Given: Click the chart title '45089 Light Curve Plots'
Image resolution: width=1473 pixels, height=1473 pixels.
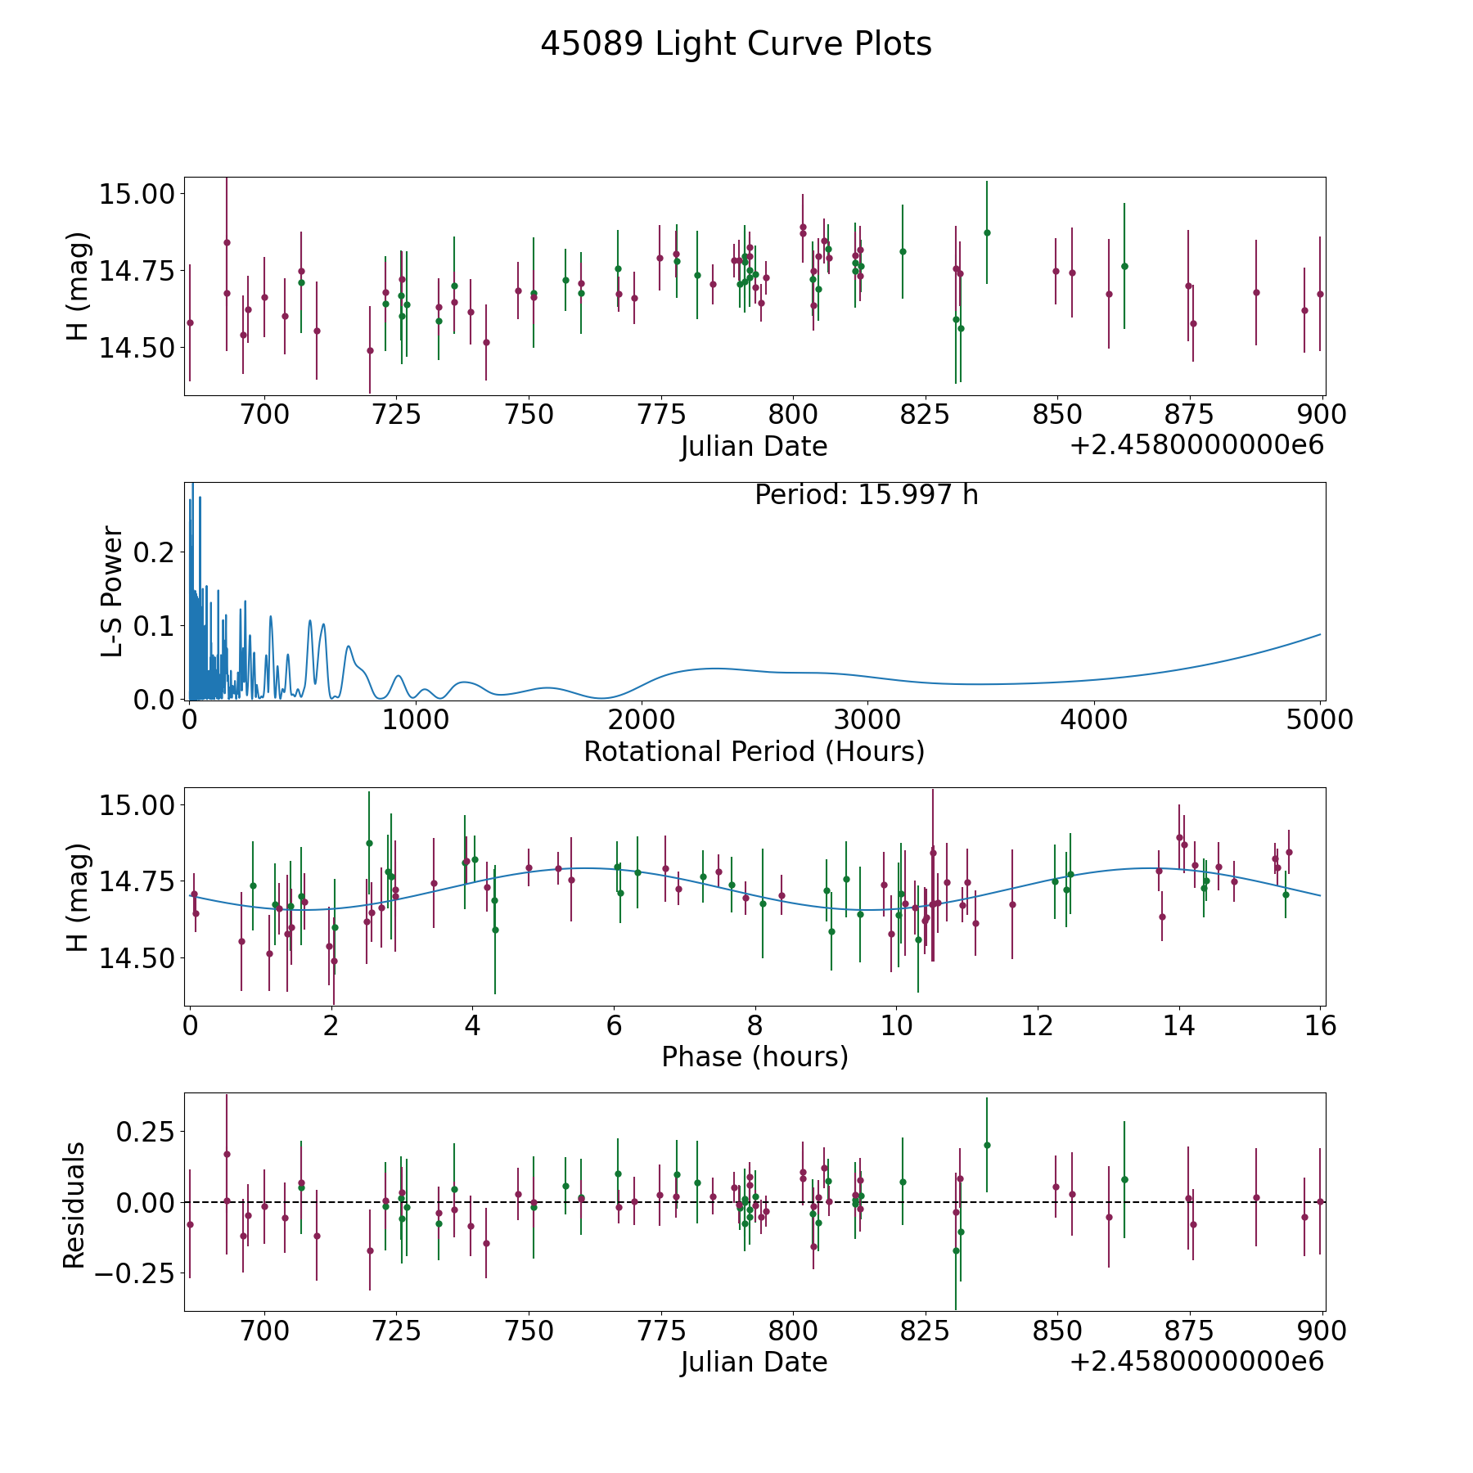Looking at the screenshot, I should (x=736, y=44).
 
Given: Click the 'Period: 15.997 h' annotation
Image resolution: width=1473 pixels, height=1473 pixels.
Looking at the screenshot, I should (x=866, y=495).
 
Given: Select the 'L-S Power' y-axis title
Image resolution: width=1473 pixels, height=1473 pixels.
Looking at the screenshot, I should (x=112, y=591).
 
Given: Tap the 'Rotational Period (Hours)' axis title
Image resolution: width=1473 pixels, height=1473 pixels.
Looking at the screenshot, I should (x=754, y=751).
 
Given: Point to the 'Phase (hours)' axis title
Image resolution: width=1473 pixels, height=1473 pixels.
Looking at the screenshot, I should (x=754, y=1056).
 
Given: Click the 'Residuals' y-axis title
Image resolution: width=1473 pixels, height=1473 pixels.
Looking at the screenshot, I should (x=74, y=1205).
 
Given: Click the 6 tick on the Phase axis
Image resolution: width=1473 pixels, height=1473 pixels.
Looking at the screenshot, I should (x=614, y=1025).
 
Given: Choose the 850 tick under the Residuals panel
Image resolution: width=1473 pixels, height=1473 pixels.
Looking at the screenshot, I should (x=1056, y=1331).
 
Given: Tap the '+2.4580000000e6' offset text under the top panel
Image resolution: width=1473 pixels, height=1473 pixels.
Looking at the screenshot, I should (x=1196, y=445).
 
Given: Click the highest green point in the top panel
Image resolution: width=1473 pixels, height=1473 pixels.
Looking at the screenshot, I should (x=987, y=232).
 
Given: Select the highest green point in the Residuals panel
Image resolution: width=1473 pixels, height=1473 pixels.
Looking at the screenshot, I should (x=987, y=1145).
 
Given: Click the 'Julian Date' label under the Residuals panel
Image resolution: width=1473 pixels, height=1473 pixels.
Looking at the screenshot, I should (x=754, y=1362).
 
